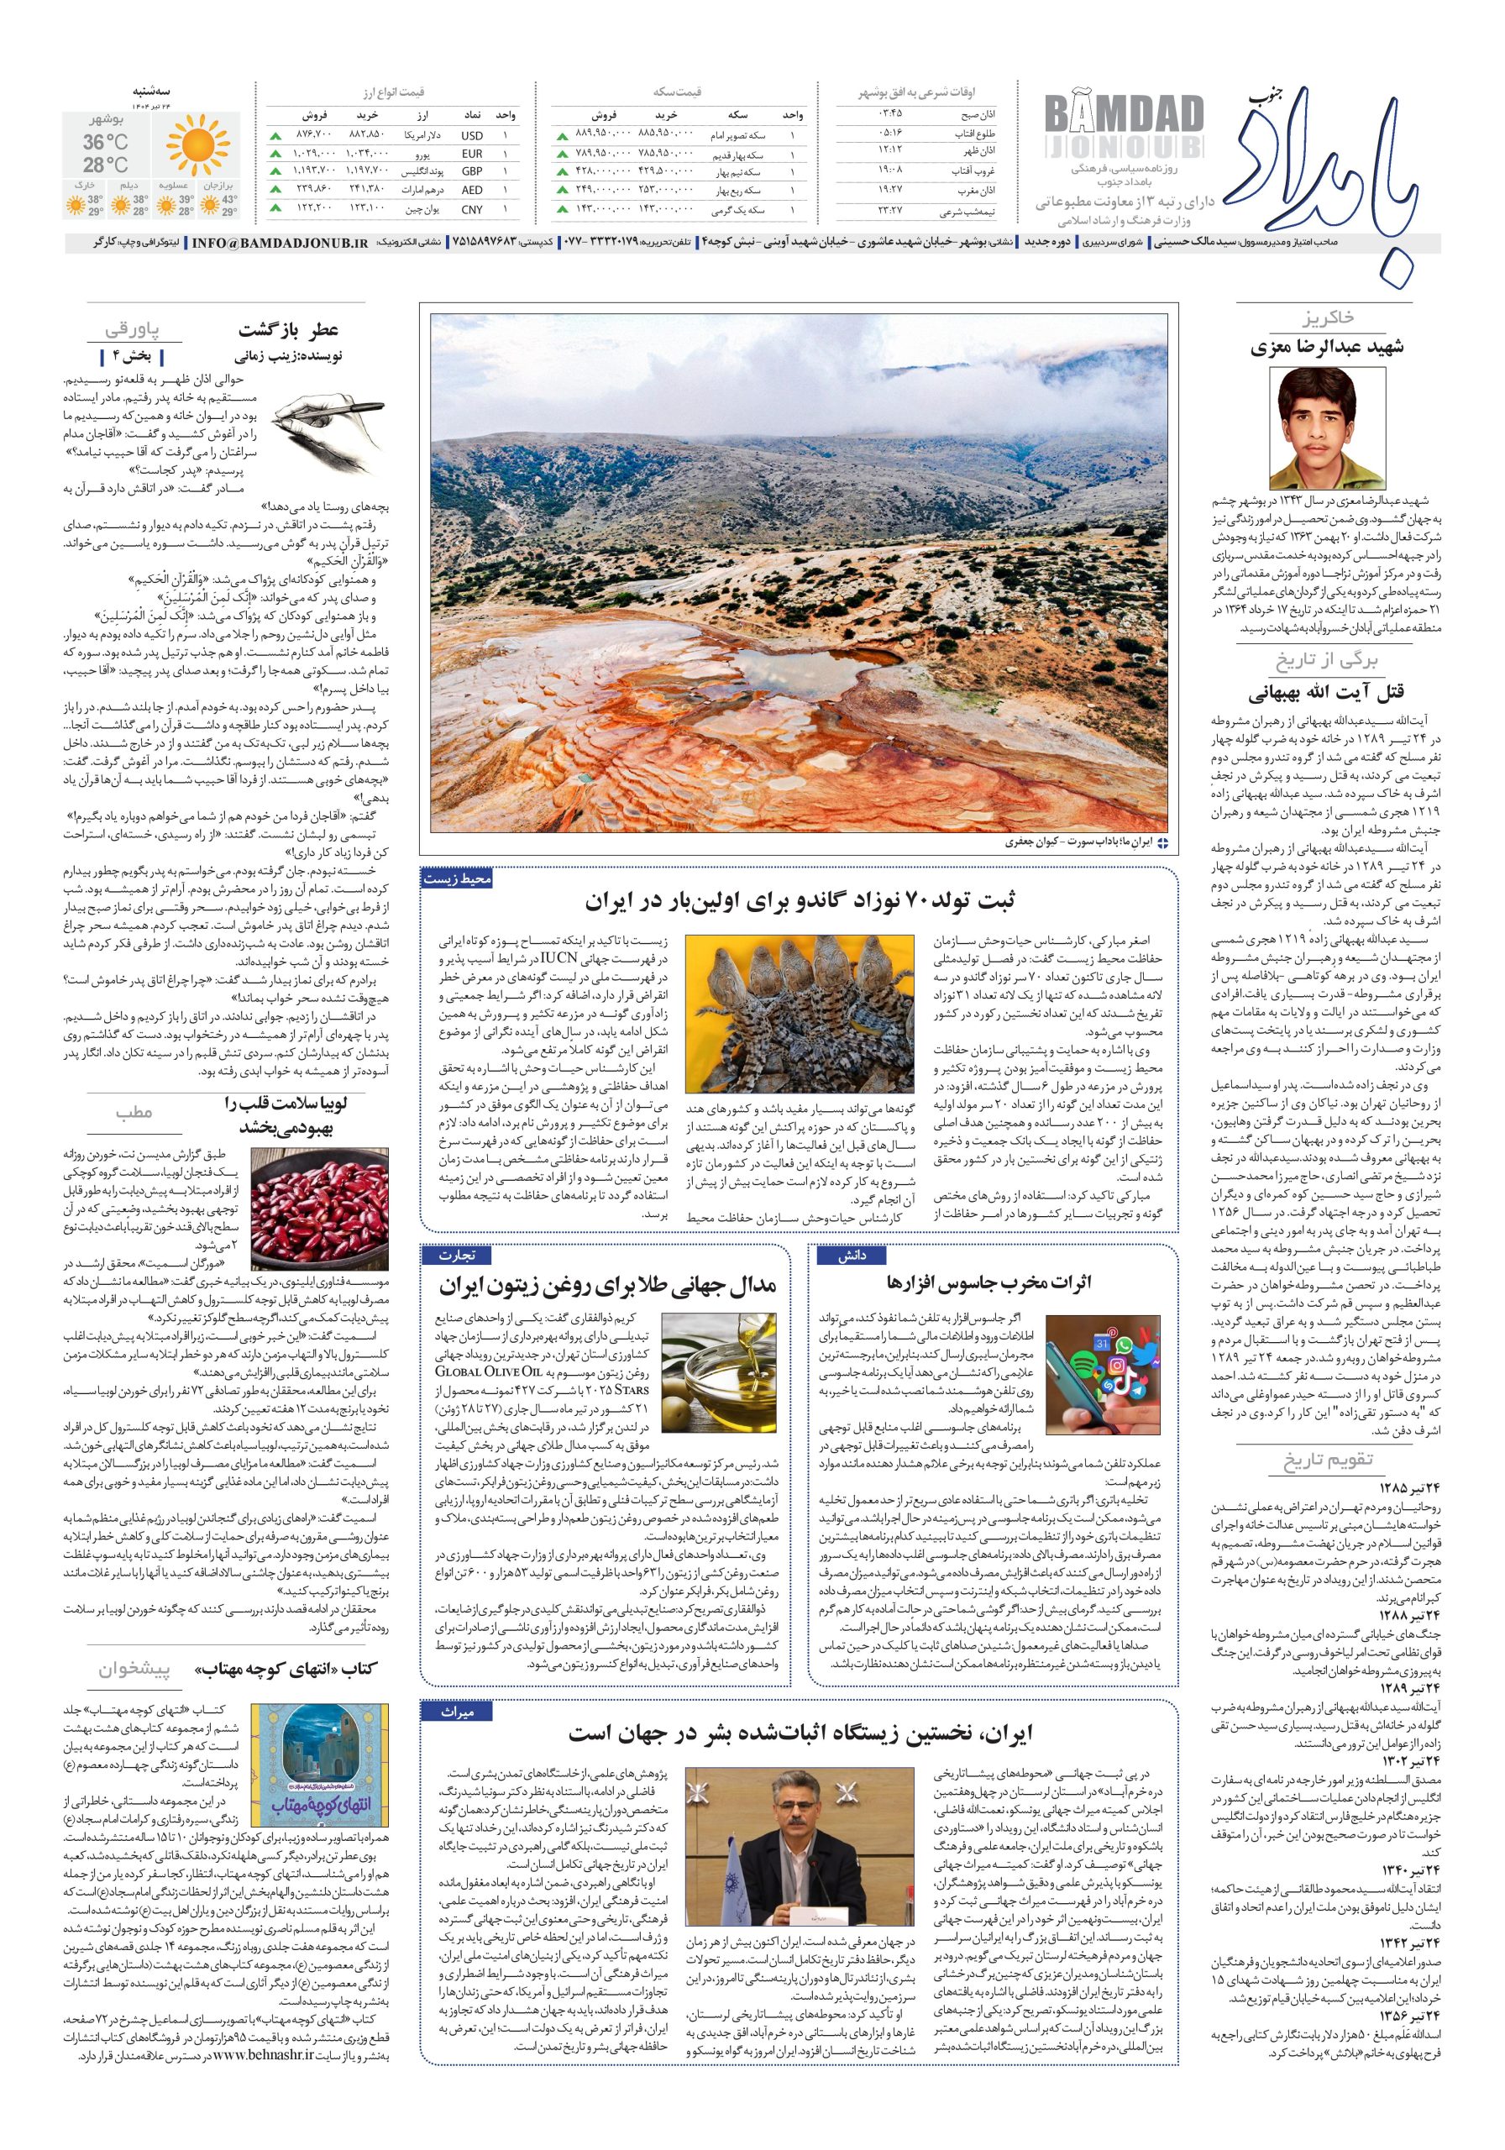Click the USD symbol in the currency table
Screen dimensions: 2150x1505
point(472,136)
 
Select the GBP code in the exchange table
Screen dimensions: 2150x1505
point(472,171)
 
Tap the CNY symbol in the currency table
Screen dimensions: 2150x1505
point(472,209)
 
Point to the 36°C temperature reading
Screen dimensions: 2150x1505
point(106,142)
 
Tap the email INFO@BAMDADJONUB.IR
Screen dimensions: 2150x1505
point(279,243)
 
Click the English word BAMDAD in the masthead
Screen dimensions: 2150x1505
point(1123,116)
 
